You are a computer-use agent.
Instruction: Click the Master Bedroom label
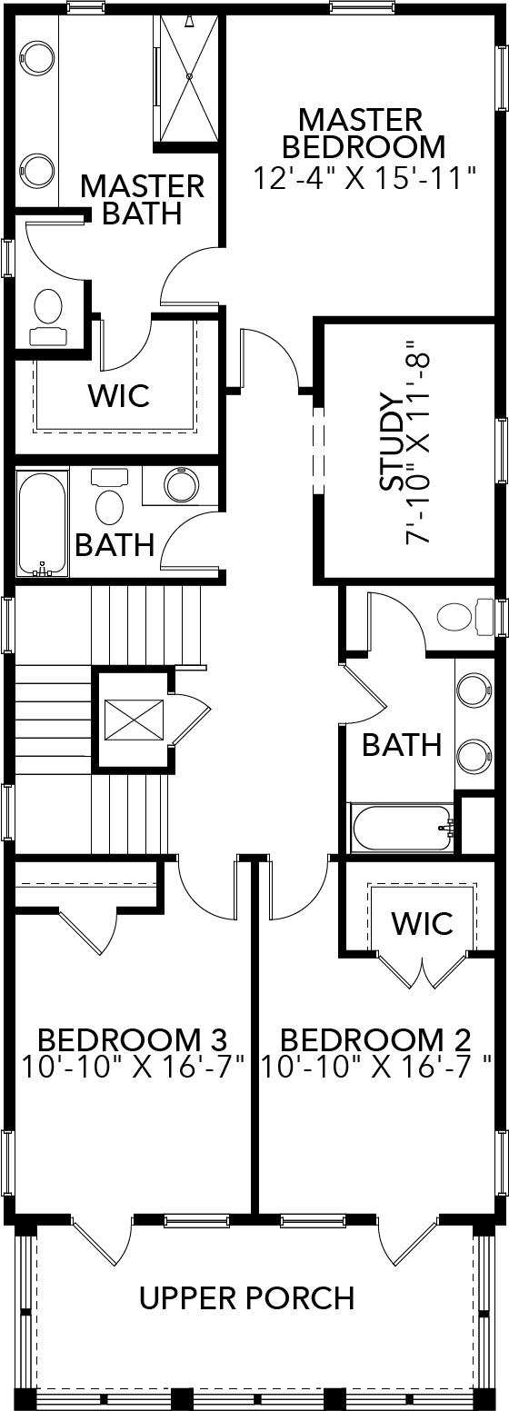pos(363,133)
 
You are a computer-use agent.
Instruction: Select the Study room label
pos(392,444)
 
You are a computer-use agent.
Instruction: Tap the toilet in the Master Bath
pos(47,313)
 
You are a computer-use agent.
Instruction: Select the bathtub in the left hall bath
pos(42,522)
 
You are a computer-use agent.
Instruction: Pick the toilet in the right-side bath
pos(459,617)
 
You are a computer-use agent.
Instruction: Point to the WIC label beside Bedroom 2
pos(423,923)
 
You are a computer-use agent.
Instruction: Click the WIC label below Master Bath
pos(118,396)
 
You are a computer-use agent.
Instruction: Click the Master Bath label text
pos(142,199)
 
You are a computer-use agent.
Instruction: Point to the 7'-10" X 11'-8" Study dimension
pos(421,444)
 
